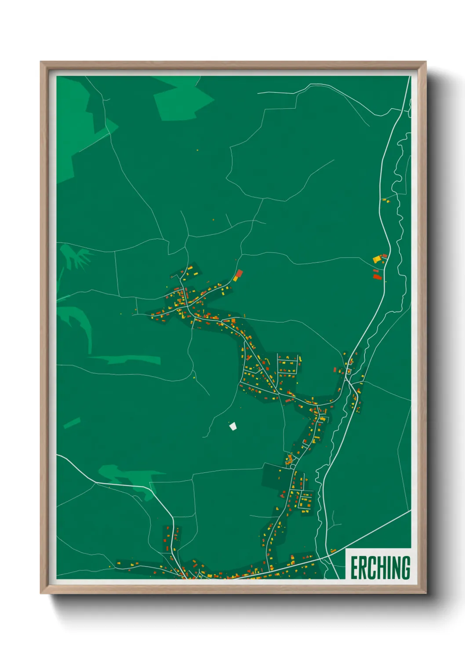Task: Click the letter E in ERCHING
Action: coord(354,568)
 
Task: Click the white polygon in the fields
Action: coord(233,426)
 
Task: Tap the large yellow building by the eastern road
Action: coord(377,260)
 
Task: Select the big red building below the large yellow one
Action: coord(376,277)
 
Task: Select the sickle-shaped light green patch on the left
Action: coord(79,323)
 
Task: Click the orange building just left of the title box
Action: coord(333,551)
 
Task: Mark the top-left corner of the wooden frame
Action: coord(41,62)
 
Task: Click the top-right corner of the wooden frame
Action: coord(425,62)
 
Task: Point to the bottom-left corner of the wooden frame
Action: coord(41,593)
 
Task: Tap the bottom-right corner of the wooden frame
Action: coord(425,593)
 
